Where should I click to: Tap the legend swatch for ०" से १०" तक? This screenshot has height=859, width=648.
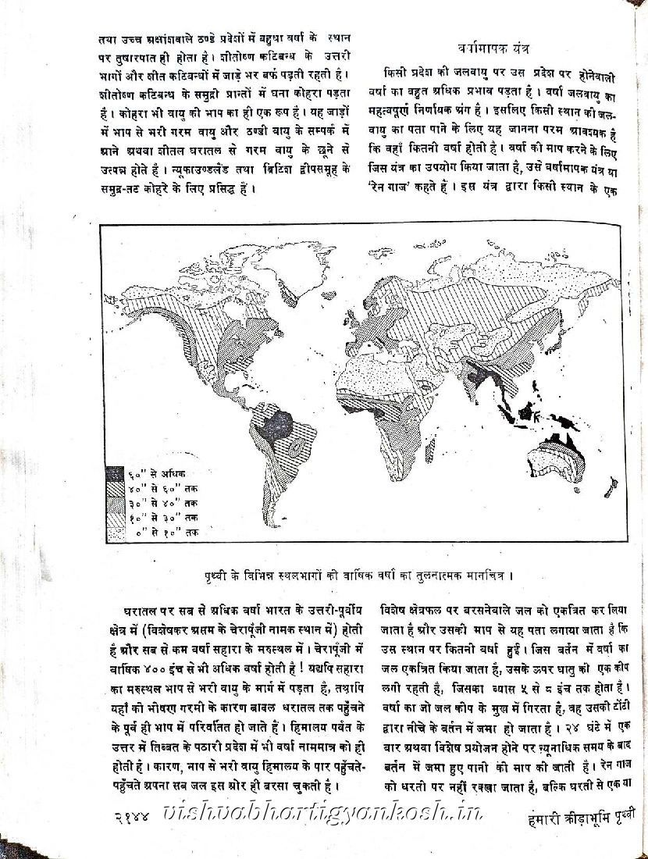pos(115,532)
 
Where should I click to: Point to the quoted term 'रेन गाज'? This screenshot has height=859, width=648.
pos(411,187)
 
